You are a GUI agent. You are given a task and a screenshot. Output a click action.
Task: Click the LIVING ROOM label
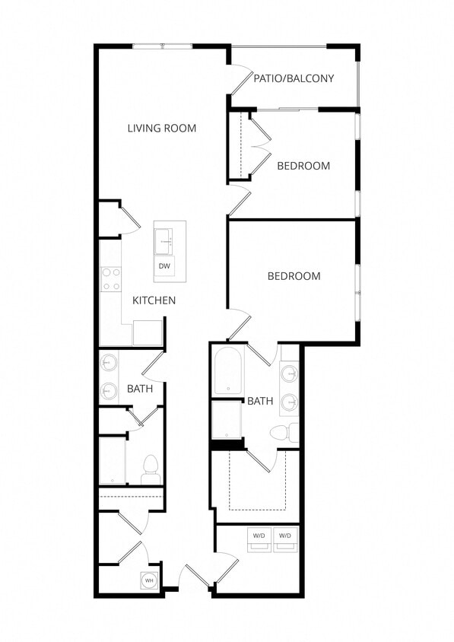161,128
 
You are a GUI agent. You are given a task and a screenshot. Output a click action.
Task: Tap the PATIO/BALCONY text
294,78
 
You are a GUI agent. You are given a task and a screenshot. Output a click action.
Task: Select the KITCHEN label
154,300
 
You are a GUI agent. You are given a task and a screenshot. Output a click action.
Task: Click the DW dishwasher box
164,266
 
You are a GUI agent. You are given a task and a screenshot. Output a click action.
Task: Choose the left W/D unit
259,536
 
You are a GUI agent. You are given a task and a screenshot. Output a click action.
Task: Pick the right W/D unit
285,536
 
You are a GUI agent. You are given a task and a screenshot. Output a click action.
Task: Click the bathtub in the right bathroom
227,371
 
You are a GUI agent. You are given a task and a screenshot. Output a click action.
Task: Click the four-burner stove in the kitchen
111,279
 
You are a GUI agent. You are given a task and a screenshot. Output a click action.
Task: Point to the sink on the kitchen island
165,241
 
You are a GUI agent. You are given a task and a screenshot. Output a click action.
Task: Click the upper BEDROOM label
303,166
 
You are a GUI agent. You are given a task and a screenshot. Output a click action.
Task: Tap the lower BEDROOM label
294,276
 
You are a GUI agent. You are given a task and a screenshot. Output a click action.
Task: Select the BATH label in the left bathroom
140,389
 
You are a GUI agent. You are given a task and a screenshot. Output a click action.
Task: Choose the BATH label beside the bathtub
260,401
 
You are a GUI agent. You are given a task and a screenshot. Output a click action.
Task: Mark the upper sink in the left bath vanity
110,363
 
